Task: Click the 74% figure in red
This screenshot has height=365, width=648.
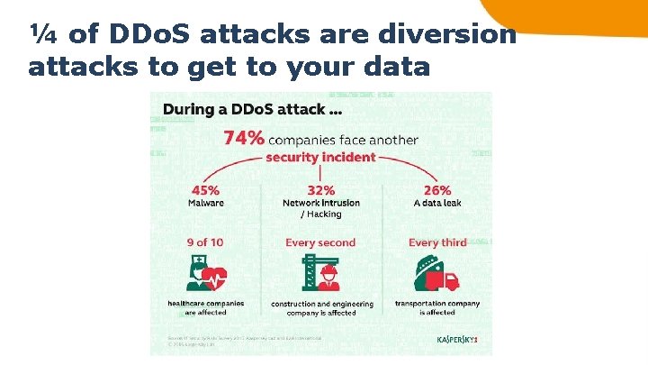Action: point(244,138)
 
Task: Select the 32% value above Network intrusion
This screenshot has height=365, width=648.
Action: point(321,190)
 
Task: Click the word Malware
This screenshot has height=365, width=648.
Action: point(206,203)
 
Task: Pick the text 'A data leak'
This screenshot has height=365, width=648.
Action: point(436,203)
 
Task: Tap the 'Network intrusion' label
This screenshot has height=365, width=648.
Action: point(321,203)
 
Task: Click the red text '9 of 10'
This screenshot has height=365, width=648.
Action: point(207,242)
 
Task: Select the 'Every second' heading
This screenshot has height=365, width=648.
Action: point(320,242)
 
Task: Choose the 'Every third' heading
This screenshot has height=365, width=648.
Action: point(436,242)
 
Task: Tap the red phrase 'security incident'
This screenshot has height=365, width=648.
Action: point(320,157)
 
